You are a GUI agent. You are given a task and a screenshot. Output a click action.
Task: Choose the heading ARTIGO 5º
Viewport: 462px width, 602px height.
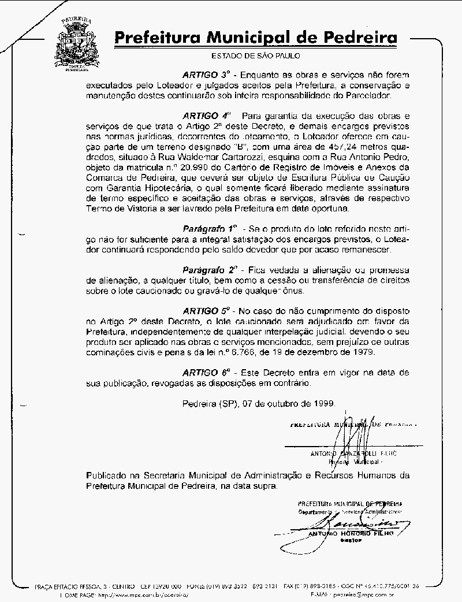pos(207,310)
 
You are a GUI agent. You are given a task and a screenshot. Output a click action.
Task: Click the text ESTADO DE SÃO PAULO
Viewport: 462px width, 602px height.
pos(256,56)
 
